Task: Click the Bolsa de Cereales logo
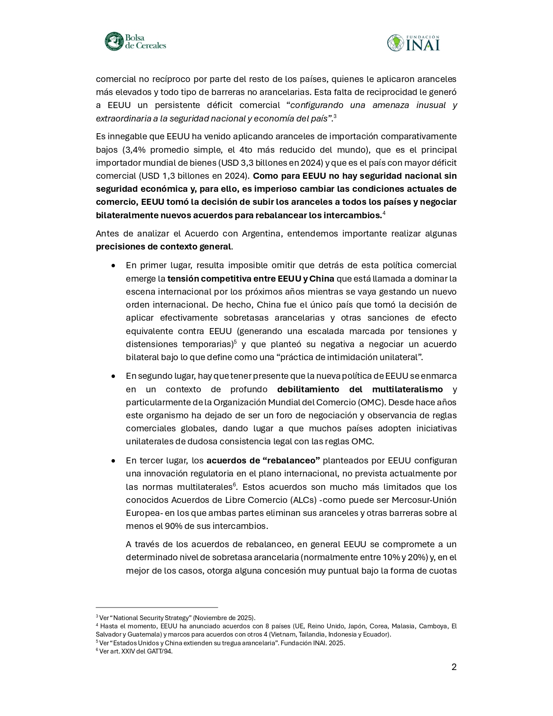(x=135, y=42)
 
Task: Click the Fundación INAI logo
(x=413, y=43)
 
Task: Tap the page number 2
(x=454, y=667)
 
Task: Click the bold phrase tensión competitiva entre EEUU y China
(x=251, y=278)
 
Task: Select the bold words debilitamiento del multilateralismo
(x=360, y=389)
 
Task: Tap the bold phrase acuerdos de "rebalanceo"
(x=263, y=460)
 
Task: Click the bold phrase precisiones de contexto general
(x=163, y=246)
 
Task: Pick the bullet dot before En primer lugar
(x=113, y=265)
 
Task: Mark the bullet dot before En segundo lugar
(x=113, y=376)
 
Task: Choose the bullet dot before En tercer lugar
(x=113, y=460)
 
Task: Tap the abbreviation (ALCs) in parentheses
(x=303, y=499)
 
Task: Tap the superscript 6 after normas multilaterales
(x=234, y=484)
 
